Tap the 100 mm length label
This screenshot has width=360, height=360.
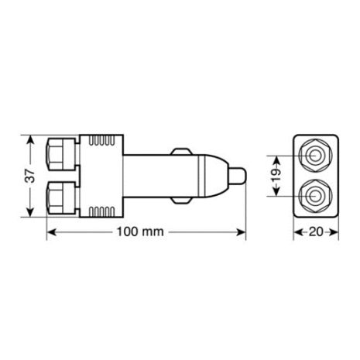click(x=146, y=231)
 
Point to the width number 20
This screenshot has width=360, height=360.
click(x=316, y=231)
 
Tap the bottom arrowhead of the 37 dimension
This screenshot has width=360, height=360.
click(x=31, y=216)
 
